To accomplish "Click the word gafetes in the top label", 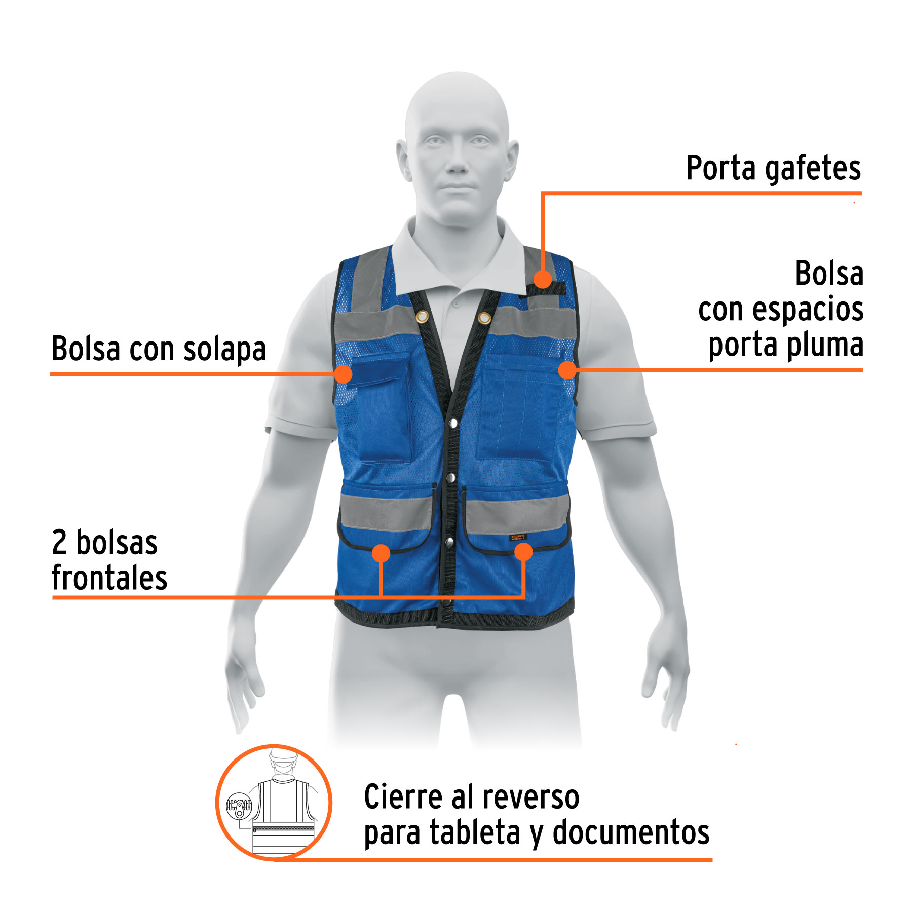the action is point(813,169).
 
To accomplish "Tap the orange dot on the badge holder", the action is point(543,279).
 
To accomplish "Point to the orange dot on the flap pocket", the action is point(344,374).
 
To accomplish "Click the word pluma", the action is point(825,346).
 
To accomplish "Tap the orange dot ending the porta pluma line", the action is point(568,370).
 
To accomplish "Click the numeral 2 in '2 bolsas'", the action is point(59,543).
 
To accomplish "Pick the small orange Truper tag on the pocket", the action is point(518,538).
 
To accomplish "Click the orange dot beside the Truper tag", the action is point(523,552).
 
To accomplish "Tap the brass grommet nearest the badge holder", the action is point(484,318).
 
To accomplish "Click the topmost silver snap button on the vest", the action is point(453,423).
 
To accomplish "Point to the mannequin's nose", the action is point(457,162).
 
